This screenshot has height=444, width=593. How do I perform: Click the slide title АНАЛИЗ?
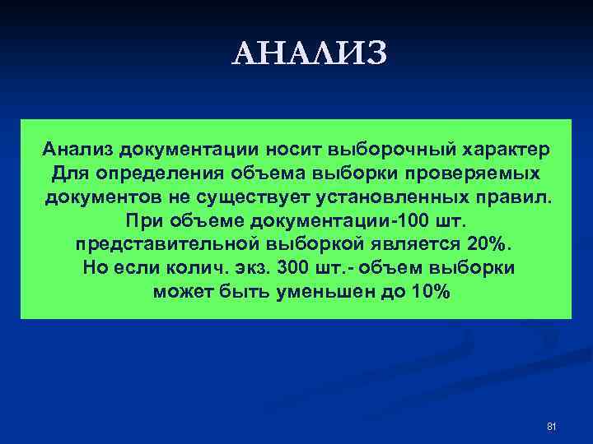pyautogui.click(x=309, y=54)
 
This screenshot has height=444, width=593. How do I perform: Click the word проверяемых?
pyautogui.click(x=472, y=174)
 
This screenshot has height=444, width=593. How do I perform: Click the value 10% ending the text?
pyautogui.click(x=431, y=293)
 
